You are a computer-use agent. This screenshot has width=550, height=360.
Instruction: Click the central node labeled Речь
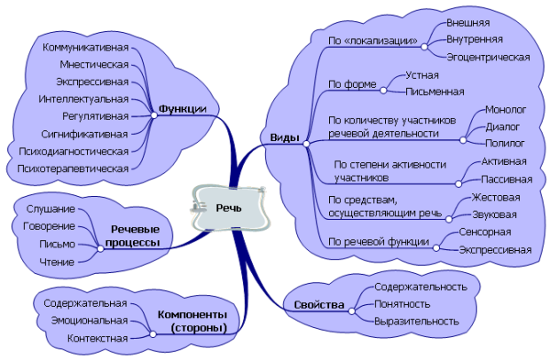coord(230,207)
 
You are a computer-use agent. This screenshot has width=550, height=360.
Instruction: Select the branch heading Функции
coord(183,109)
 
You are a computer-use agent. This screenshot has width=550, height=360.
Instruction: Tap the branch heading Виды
coord(284,137)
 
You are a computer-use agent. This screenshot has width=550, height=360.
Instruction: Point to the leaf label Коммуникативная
coord(86,46)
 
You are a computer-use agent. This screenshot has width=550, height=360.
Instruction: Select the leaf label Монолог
coord(506,110)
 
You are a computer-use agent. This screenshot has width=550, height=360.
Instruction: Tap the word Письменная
coord(435,91)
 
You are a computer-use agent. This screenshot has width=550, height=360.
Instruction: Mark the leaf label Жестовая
coord(496,197)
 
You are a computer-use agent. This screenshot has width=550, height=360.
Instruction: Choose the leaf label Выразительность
coord(415,322)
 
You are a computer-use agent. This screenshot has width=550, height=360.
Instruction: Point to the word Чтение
coord(57,262)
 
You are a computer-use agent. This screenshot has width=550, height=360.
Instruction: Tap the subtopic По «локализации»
coord(373,41)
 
